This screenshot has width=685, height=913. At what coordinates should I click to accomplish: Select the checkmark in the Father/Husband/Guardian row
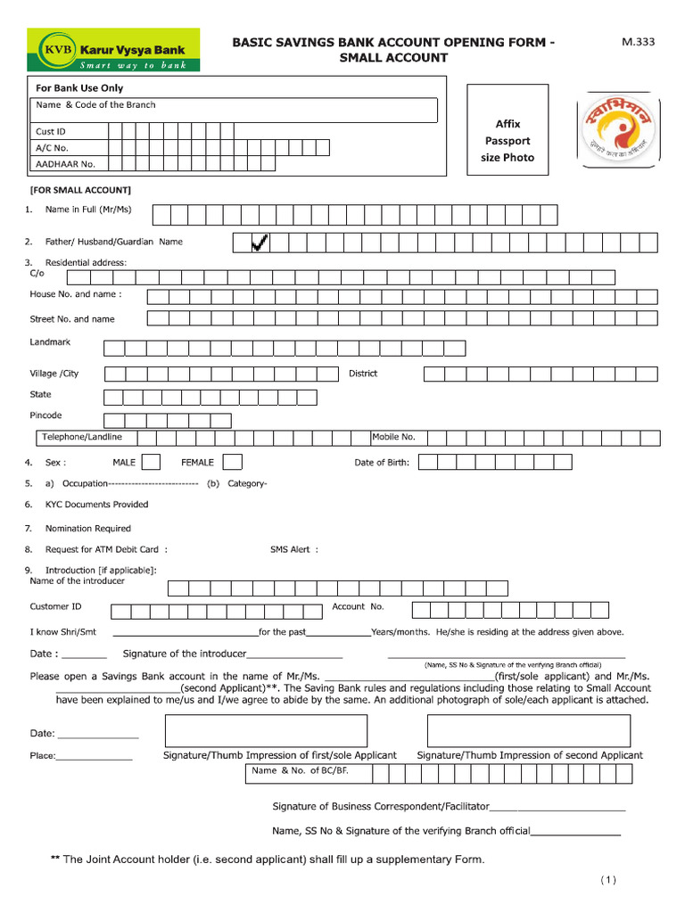pyautogui.click(x=260, y=243)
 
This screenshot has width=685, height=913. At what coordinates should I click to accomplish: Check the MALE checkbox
pyautogui.click(x=152, y=462)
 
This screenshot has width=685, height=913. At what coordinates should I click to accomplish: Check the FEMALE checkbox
pyautogui.click(x=232, y=462)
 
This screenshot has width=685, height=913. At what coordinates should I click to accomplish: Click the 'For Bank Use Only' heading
pyautogui.click(x=79, y=88)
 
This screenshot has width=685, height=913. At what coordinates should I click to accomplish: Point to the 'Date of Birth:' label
pyautogui.click(x=382, y=463)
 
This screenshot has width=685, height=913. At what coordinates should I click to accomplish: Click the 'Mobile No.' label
pyautogui.click(x=393, y=437)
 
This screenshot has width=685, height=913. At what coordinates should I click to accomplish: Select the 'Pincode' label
pyautogui.click(x=46, y=415)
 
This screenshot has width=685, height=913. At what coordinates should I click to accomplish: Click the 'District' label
pyautogui.click(x=363, y=374)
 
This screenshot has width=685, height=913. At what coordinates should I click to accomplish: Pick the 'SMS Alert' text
pyautogui.click(x=293, y=550)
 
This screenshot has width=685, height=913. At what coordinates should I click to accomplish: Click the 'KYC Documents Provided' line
pyautogui.click(x=96, y=505)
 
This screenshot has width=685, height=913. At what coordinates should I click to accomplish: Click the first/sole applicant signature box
pyautogui.click(x=279, y=730)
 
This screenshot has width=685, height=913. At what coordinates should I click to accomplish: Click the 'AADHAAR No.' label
pyautogui.click(x=65, y=164)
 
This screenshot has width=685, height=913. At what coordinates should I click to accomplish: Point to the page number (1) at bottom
pyautogui.click(x=607, y=881)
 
